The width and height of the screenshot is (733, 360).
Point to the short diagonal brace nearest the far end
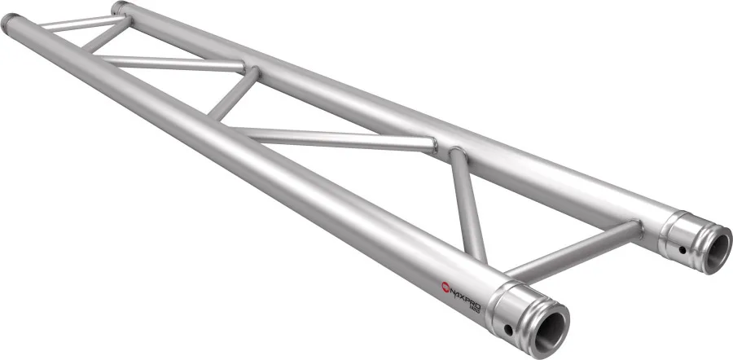(x=106, y=37)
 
